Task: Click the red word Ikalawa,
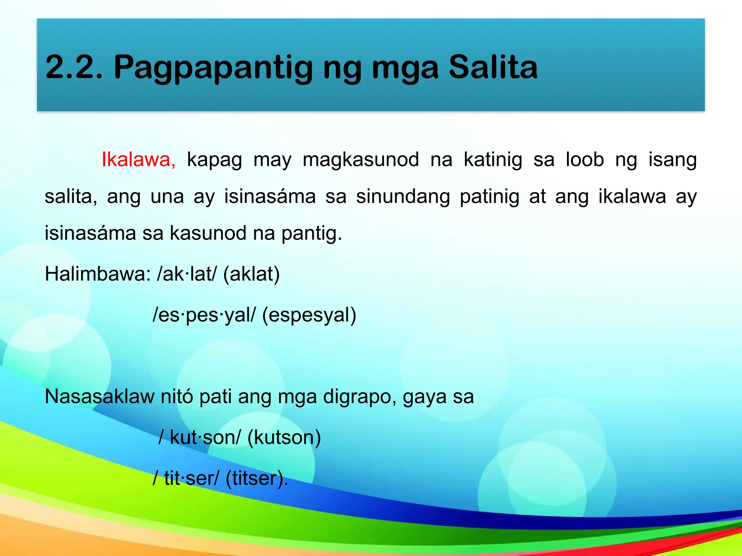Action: pos(138,160)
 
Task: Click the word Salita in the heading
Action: pos(493,67)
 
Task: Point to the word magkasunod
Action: pos(361,160)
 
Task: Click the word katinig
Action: pos(493,160)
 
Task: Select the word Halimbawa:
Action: pos(97,274)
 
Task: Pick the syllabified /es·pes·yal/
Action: pos(204,315)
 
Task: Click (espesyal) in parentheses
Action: pos(309,315)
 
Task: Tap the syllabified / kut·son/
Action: pos(200,437)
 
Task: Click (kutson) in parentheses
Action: pos(284,438)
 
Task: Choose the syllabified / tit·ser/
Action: pos(186,478)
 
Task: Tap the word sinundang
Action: pos(403,197)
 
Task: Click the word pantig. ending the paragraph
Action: pos(312,233)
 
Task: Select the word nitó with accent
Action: pos(177,396)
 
